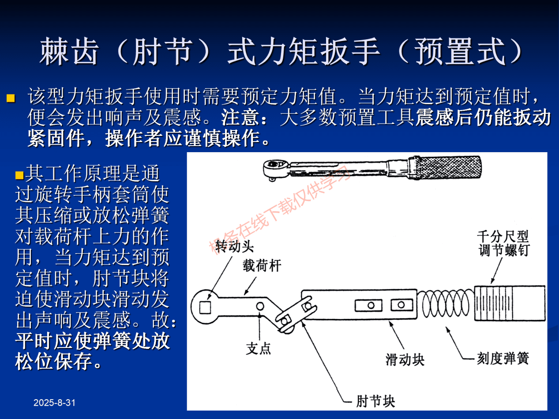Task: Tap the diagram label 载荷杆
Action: click(262, 266)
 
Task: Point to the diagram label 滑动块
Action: click(405, 359)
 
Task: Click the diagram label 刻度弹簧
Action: click(503, 358)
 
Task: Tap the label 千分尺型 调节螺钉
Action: click(503, 243)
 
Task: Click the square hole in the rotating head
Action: click(204, 307)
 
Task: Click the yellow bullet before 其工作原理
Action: click(19, 175)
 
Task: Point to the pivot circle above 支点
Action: click(260, 306)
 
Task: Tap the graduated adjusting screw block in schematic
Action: click(510, 303)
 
